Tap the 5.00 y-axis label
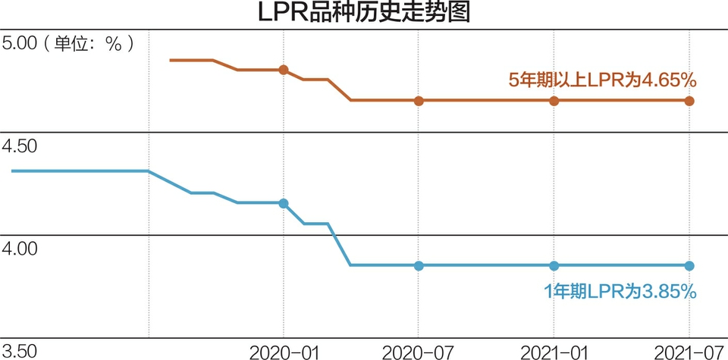(20, 43)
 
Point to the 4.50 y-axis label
(20, 146)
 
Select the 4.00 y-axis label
(20, 248)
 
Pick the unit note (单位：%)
(89, 43)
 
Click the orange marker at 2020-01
(284, 70)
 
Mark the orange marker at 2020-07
(419, 100)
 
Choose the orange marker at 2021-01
(554, 100)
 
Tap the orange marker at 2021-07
(689, 100)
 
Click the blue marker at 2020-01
(284, 203)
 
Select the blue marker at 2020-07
(419, 265)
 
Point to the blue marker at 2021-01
(554, 265)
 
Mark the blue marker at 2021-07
(689, 265)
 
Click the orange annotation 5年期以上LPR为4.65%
(602, 80)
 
